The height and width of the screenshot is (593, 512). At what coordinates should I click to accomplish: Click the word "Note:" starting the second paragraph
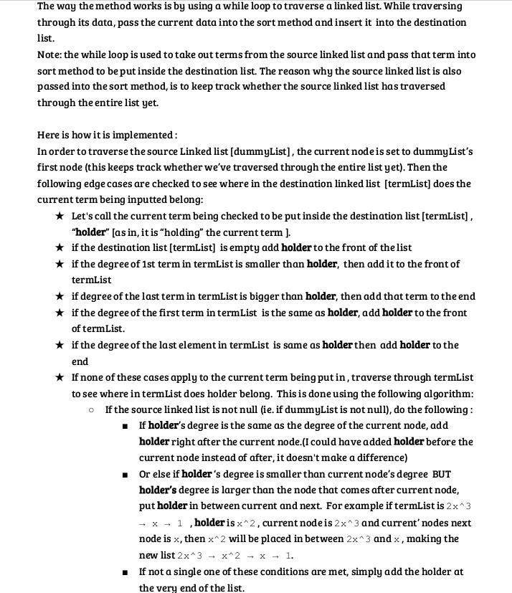tap(49, 55)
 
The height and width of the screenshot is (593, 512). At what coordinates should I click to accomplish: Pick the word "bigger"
tap(269, 296)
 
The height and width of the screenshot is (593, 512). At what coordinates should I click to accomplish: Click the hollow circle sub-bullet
tap(92, 410)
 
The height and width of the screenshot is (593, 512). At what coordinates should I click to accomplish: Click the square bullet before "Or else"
tap(125, 475)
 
